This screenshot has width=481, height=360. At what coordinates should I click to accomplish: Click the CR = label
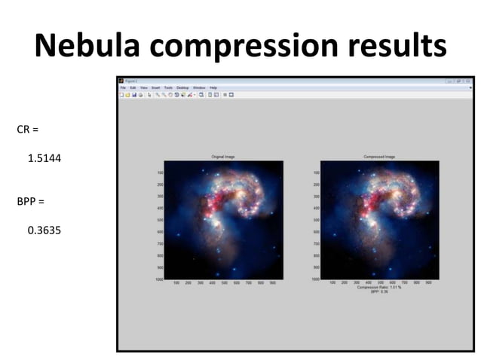point(27,130)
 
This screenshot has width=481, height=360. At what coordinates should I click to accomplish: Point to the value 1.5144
point(44,159)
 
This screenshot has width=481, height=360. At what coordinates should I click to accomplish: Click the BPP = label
point(30,202)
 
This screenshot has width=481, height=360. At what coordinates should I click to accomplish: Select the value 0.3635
point(44,231)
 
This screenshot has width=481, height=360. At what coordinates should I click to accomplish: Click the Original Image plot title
point(224,157)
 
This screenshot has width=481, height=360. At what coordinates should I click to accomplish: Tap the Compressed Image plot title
point(380,157)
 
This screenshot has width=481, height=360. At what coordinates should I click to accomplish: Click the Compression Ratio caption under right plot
point(380,287)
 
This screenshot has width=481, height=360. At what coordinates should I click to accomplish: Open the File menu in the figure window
point(123,88)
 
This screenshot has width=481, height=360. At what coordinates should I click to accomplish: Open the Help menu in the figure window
point(213,88)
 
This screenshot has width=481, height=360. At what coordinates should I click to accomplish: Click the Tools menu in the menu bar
point(168,88)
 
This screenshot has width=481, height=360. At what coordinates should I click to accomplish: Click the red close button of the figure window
point(467,81)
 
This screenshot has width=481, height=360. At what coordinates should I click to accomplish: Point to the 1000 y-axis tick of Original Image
point(158,279)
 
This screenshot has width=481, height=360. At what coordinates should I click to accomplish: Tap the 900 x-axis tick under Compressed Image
point(428,283)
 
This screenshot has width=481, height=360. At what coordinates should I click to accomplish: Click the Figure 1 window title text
point(132,81)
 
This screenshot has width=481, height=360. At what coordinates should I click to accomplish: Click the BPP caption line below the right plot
point(380,291)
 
